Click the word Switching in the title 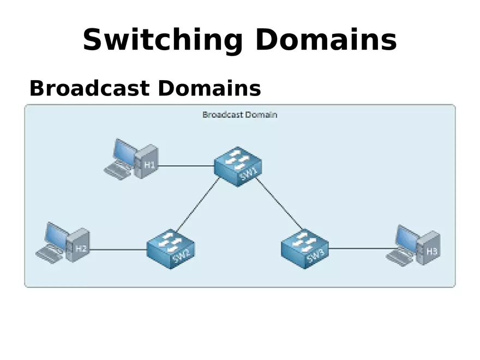point(162,40)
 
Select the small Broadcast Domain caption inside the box point(239,115)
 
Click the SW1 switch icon point(238,165)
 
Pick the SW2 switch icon point(171,249)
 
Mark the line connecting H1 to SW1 point(185,165)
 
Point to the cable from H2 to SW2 point(117,250)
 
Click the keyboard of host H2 point(50,254)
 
